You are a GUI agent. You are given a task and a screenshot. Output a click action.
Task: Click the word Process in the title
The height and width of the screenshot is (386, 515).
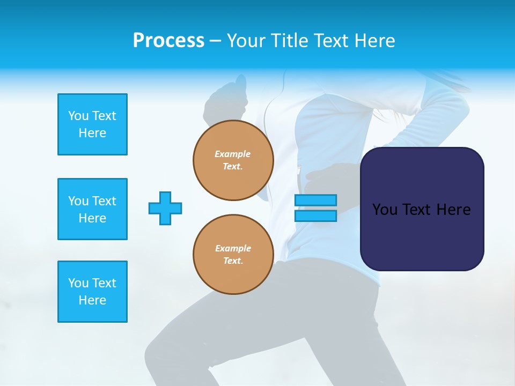click(x=168, y=40)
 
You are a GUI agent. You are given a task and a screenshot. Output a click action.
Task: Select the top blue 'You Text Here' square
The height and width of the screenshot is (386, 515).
click(x=92, y=124)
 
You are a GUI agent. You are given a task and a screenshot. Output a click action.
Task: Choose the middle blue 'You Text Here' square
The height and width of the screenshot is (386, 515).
click(x=92, y=209)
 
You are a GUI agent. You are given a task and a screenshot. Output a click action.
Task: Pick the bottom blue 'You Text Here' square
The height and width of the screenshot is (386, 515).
click(x=92, y=292)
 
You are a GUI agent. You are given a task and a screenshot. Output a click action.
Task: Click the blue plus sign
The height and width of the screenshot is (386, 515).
click(x=165, y=208)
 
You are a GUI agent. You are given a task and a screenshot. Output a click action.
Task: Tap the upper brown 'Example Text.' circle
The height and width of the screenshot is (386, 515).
click(x=233, y=160)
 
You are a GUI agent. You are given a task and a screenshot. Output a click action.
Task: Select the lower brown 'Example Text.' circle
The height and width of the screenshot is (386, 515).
click(x=233, y=254)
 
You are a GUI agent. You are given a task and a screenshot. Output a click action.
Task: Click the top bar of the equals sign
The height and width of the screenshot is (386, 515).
click(x=315, y=200)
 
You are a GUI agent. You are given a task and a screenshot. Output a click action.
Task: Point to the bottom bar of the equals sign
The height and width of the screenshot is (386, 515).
click(x=315, y=216)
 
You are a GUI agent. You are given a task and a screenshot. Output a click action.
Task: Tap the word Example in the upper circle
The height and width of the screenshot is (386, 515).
click(x=233, y=154)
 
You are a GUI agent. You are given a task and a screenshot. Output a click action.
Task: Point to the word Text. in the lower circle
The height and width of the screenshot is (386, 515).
click(x=233, y=261)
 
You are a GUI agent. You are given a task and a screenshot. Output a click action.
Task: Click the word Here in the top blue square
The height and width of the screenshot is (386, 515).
click(x=92, y=133)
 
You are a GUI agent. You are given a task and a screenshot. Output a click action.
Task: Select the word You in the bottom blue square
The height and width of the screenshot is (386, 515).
click(x=78, y=283)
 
